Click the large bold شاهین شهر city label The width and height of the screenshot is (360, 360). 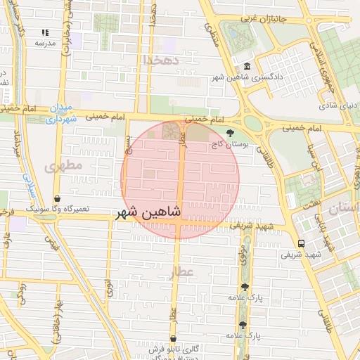pyautogui.click(x=148, y=212)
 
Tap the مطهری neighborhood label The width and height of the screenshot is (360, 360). pyautogui.click(x=63, y=166)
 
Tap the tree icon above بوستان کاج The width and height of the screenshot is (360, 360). pyautogui.click(x=230, y=133)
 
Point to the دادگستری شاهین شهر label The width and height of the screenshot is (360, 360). pyautogui.click(x=249, y=75)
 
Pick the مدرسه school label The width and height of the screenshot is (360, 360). pyautogui.click(x=44, y=43)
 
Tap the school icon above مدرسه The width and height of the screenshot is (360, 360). pyautogui.click(x=45, y=33)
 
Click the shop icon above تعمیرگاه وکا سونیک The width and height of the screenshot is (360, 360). pyautogui.click(x=57, y=199)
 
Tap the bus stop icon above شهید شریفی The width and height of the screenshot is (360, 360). pyautogui.click(x=301, y=243)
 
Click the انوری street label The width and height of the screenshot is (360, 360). pyautogui.click(x=109, y=288)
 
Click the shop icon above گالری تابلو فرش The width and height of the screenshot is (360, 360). pyautogui.click(x=172, y=338)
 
